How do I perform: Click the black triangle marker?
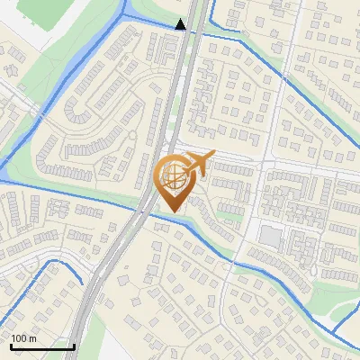[x=182, y=24]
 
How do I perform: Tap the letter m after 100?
[x=31, y=338]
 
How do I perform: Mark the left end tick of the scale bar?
[x=11, y=346]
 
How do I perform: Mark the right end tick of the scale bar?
[x=74, y=346]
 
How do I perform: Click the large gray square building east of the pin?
[x=270, y=237]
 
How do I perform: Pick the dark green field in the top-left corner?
[x=40, y=11]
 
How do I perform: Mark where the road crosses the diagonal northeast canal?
[x=283, y=78]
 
